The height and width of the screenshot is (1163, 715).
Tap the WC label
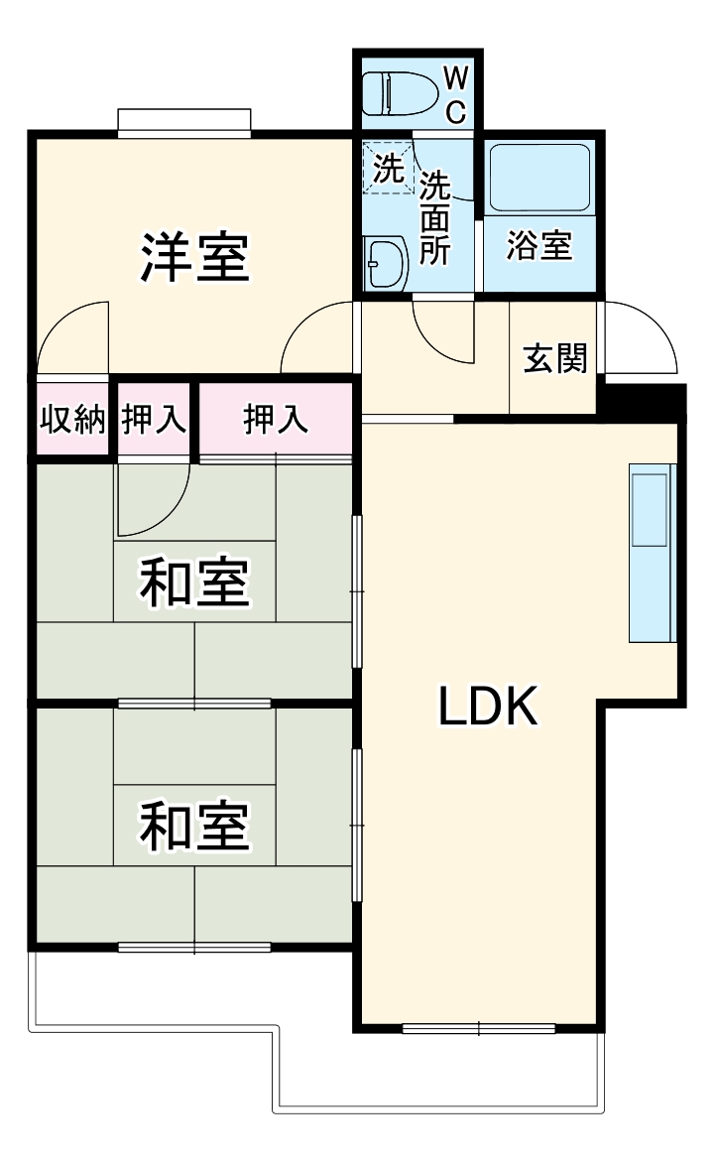click(455, 94)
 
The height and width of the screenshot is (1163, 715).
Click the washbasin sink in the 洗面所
click(386, 263)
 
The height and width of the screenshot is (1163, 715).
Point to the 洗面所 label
click(434, 217)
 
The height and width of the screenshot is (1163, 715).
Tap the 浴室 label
click(539, 246)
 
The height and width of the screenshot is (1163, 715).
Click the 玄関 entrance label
click(554, 357)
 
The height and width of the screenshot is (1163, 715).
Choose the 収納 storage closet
click(71, 420)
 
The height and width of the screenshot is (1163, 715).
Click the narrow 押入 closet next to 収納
click(154, 420)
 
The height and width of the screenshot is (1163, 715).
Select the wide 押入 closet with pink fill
click(276, 420)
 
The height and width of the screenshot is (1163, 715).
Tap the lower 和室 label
click(193, 826)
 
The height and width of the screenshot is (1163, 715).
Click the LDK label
click(488, 707)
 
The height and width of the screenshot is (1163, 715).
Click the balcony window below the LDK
click(478, 1029)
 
